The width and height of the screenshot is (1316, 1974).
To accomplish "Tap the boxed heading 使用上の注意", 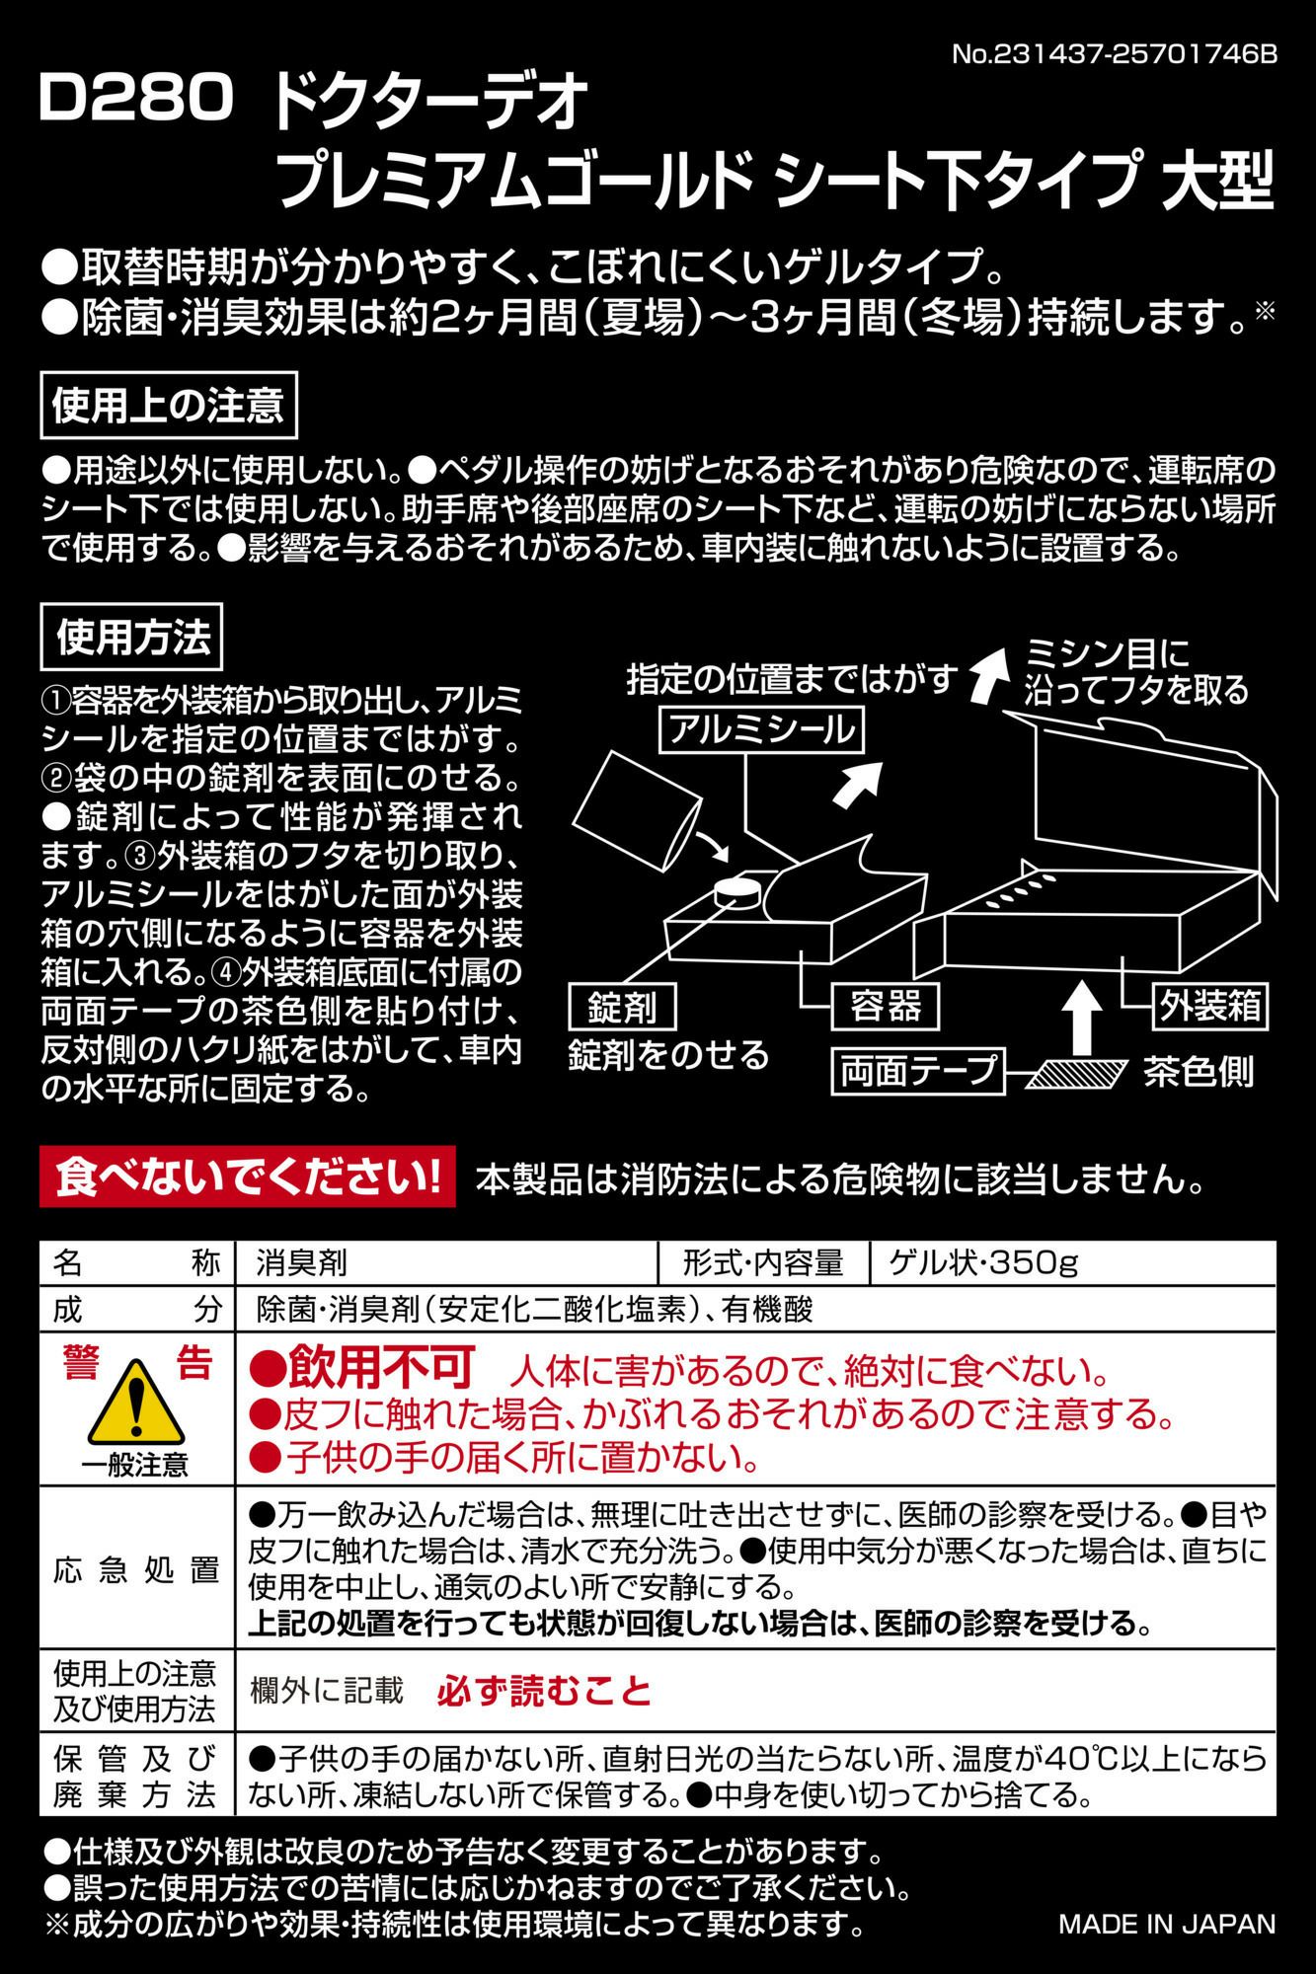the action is (169, 406).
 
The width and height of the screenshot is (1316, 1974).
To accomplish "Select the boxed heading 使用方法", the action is (132, 639).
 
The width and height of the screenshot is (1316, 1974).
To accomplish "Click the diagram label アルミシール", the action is (760, 730).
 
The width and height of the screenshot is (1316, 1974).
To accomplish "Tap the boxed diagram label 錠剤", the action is (622, 1007).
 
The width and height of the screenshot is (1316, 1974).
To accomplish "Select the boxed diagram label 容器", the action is (885, 1007).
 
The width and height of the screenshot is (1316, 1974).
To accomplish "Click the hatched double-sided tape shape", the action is (1076, 1074).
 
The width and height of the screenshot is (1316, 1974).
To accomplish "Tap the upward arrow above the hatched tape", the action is (1083, 1017).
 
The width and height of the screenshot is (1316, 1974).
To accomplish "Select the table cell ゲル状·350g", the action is (983, 1262).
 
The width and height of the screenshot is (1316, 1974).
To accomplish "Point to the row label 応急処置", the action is (136, 1569).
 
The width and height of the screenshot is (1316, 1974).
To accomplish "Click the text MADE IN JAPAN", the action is (1167, 1924).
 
